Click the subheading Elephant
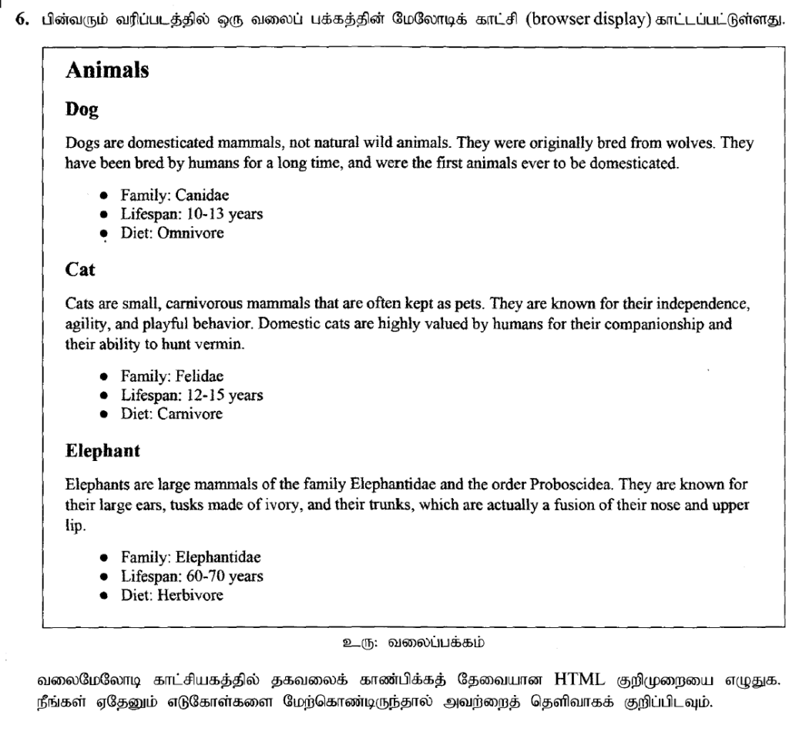[102, 452]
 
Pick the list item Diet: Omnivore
[172, 233]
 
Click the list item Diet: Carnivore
[171, 414]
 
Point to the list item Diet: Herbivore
[172, 595]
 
